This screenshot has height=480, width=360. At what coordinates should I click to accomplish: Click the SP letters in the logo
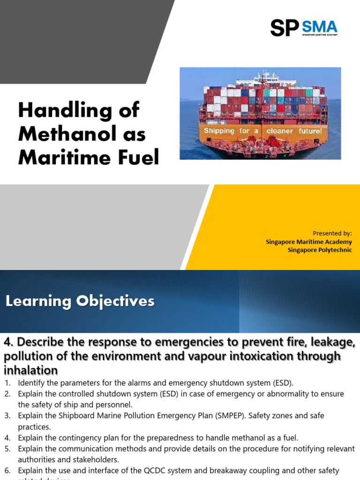coord(284,28)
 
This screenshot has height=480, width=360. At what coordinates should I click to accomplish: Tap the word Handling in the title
coord(59,111)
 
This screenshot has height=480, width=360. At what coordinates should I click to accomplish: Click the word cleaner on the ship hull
coord(279,131)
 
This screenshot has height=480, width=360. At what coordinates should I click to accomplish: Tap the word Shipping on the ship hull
coord(219,131)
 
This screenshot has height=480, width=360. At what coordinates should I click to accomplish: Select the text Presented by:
coord(332,233)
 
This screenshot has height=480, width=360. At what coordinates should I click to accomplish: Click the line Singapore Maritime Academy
coord(308,241)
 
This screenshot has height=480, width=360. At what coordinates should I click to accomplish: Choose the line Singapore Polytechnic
coord(320,250)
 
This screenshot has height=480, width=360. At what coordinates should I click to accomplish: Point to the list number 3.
coord(7,416)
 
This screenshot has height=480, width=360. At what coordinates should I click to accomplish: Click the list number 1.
coord(7,383)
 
